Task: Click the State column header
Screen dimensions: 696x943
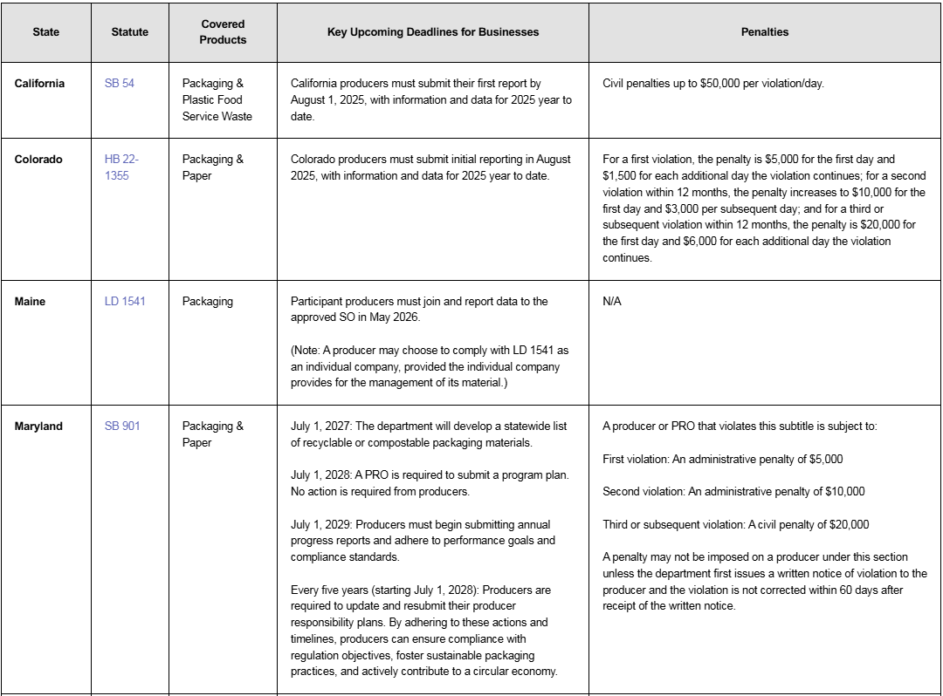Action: pos(46,31)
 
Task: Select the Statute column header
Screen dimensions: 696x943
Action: pos(130,31)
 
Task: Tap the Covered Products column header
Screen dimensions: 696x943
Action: pos(223,31)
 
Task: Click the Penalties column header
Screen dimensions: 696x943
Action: pos(764,31)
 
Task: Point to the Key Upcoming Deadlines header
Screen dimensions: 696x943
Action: pos(433,31)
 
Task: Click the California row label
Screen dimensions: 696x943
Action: pos(39,84)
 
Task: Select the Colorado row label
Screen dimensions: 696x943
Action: pos(38,160)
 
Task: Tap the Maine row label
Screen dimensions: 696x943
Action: pos(31,302)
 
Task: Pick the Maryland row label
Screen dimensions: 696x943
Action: pos(38,426)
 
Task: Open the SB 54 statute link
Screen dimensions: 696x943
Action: pos(120,84)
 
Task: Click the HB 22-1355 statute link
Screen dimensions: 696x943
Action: pos(121,167)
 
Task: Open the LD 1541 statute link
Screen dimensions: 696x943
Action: pos(125,302)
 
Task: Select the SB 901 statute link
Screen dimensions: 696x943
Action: pos(122,426)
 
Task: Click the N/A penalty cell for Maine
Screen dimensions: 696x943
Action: pos(612,302)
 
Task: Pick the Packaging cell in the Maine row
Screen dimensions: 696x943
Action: pos(208,302)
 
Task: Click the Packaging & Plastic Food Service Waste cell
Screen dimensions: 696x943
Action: pos(217,100)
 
